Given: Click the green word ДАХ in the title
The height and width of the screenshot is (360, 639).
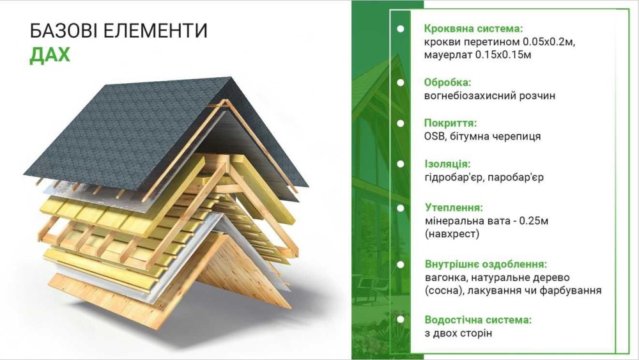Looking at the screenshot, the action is [50, 54].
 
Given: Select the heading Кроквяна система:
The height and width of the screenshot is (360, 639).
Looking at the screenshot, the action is [473, 29].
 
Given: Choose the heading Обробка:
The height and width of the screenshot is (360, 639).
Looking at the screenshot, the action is [447, 82].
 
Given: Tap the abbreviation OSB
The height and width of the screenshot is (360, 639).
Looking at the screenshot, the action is [435, 136].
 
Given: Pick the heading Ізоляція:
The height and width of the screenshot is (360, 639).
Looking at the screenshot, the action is [447, 164].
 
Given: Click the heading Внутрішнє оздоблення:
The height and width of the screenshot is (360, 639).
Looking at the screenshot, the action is [486, 264].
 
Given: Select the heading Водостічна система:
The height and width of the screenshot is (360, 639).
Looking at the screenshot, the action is [478, 320].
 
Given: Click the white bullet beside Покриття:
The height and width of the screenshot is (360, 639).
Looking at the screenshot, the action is [401, 123].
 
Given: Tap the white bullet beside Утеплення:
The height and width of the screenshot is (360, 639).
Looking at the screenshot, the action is [401, 208].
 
